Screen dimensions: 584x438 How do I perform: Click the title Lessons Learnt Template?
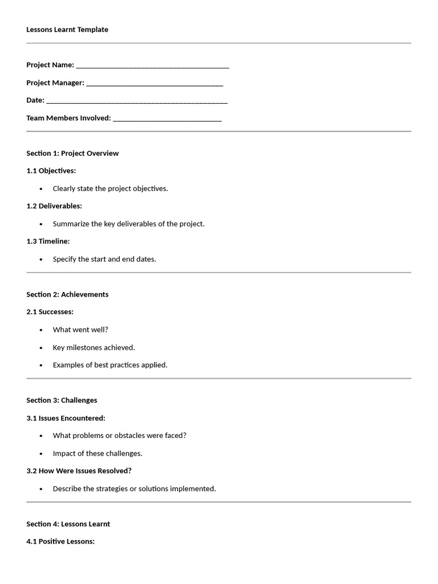pos(67,30)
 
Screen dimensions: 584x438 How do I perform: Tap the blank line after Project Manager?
pos(155,84)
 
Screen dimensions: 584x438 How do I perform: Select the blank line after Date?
pos(137,102)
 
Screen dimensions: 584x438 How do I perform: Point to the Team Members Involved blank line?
pos(167,119)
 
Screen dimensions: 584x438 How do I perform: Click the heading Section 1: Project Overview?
pos(72,153)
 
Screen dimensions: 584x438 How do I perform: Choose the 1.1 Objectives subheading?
pos(51,171)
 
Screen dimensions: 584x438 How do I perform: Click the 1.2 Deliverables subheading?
pos(54,206)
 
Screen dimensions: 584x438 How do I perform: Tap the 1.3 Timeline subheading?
pos(48,241)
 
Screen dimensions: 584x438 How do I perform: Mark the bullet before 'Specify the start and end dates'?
pos(41,259)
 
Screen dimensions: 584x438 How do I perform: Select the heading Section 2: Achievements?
pos(67,295)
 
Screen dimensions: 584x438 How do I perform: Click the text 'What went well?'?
pos(80,330)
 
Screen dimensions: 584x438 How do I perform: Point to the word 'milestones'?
pos(84,347)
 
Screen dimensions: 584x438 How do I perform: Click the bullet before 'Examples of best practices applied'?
pos(41,366)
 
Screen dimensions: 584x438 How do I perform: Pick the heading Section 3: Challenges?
pos(62,400)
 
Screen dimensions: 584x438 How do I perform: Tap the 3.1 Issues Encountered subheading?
pos(66,418)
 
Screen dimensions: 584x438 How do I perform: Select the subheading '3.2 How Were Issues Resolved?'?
pos(79,471)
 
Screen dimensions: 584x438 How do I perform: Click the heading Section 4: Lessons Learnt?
pos(68,524)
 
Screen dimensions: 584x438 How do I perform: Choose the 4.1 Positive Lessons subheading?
pos(60,542)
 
